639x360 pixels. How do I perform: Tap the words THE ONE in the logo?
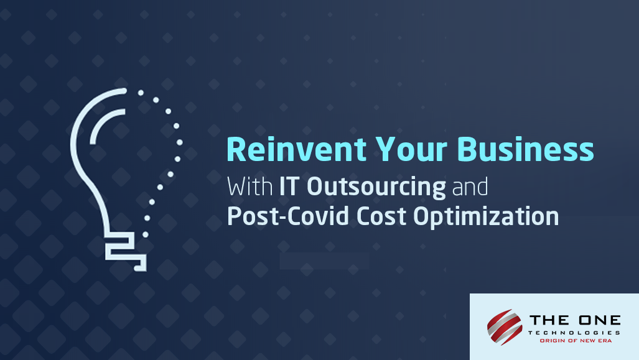(x=575, y=321)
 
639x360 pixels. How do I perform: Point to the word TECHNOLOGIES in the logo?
(x=575, y=333)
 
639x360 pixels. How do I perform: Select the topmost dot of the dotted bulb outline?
(x=141, y=93)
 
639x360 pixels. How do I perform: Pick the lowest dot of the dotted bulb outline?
(x=145, y=234)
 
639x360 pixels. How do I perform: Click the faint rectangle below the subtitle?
(x=324, y=261)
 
